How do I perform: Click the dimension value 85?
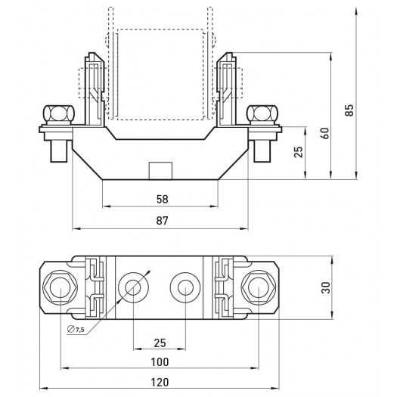click(349, 110)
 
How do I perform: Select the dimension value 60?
click(325, 133)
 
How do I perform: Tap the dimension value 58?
click(162, 200)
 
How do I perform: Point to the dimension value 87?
click(162, 221)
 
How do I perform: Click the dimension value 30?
click(326, 287)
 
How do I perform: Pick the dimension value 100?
click(160, 362)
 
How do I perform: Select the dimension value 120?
click(160, 382)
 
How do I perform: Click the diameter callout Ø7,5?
click(76, 330)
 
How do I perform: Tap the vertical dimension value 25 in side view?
click(299, 152)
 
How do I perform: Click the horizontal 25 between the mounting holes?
click(160, 343)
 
